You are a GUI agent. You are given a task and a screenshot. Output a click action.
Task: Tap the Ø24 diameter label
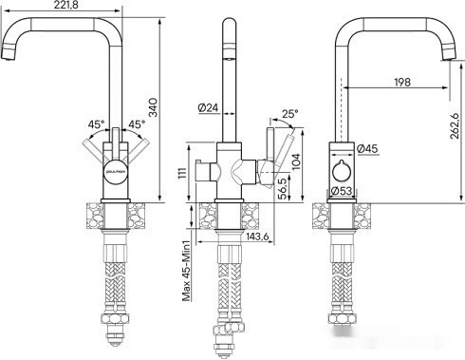tap(210, 107)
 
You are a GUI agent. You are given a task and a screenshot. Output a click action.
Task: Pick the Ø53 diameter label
tap(345, 191)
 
